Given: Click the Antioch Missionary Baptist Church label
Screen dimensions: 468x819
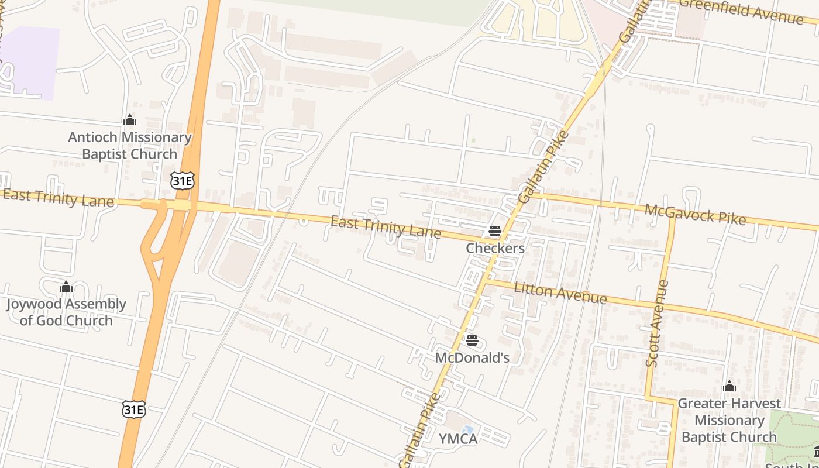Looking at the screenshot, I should coord(129,146).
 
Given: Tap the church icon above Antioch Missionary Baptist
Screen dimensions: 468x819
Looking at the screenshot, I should coord(130,121).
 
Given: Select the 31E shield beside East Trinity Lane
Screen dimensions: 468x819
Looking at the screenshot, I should coord(182,181).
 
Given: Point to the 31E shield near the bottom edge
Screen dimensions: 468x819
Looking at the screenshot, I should coord(133,409).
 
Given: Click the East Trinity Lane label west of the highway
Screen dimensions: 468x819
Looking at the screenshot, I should coord(58,198).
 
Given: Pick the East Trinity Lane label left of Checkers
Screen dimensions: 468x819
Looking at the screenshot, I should coord(386,228).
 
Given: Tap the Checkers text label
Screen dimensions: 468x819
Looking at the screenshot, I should coord(495,248).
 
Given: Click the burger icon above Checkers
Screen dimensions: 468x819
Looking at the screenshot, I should coord(495,231).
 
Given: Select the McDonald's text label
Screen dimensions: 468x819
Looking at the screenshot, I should coord(472,357).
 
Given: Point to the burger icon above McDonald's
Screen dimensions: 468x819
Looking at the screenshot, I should coord(472,340).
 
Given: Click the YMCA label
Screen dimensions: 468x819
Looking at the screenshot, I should coord(458,439).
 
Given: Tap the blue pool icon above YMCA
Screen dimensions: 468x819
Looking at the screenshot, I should coord(467,430).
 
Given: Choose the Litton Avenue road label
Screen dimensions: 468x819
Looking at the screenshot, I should coord(560,293).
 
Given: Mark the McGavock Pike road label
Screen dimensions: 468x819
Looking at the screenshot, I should coord(695,214).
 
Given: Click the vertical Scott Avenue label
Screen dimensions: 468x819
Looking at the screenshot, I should coord(657,324).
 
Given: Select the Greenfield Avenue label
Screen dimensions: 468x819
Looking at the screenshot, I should coord(741,12).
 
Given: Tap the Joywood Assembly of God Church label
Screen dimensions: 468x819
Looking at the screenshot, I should coord(66,312).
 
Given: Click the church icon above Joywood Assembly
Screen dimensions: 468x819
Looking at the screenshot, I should coord(66,287).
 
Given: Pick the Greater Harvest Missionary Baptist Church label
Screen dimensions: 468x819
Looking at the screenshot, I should coord(729,420).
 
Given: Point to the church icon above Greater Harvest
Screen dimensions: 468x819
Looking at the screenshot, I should coord(729,386).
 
